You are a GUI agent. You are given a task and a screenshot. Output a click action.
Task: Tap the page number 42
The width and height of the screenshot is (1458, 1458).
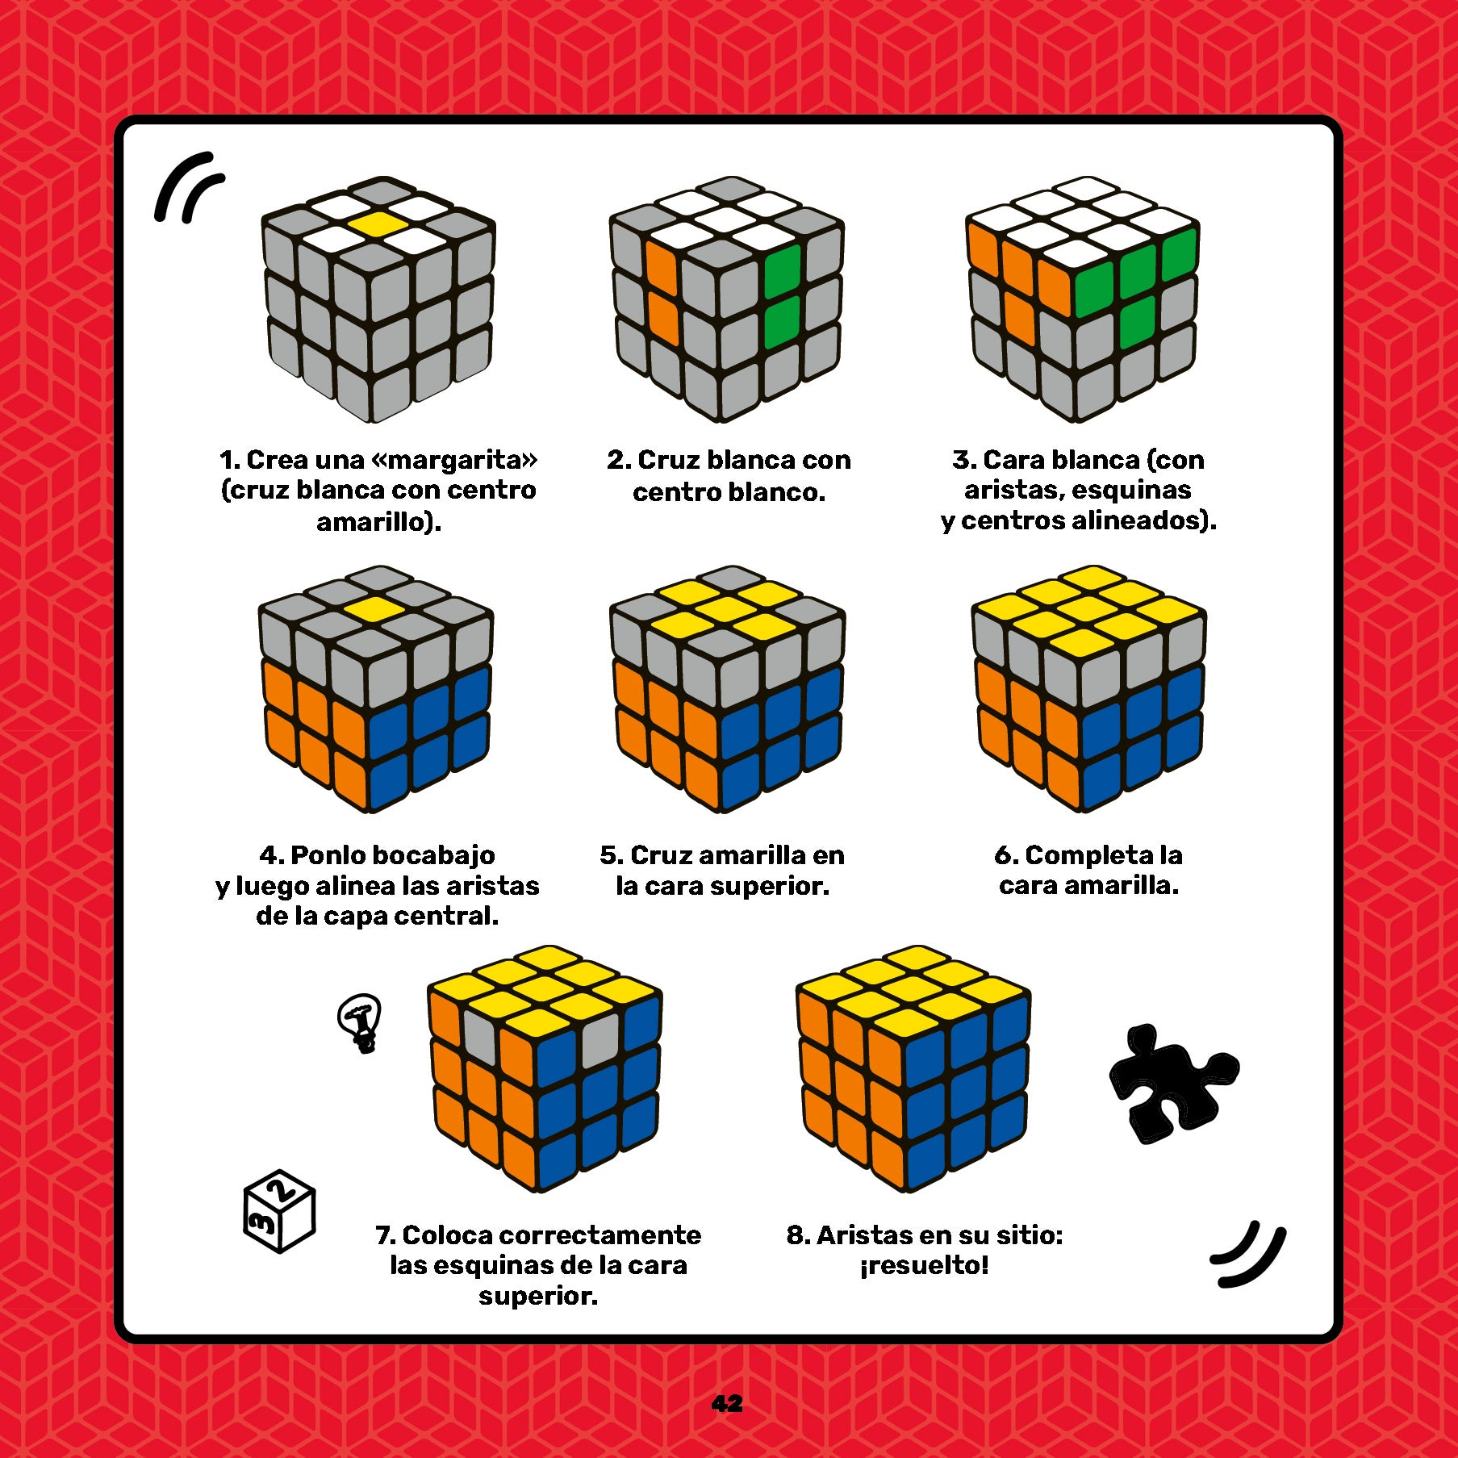pyautogui.click(x=727, y=1403)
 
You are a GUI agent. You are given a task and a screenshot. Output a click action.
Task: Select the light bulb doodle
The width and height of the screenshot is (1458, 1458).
pyautogui.click(x=361, y=1021)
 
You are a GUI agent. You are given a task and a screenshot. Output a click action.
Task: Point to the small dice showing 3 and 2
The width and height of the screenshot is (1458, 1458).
pyautogui.click(x=278, y=1210)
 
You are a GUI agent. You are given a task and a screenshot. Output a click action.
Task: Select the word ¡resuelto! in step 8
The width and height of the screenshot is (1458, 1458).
pyautogui.click(x=924, y=1265)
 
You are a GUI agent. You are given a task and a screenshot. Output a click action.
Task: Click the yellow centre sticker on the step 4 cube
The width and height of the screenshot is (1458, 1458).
pyautogui.click(x=374, y=610)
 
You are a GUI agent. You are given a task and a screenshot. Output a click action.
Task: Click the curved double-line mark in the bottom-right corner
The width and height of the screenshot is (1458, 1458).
pyautogui.click(x=1249, y=1254)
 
